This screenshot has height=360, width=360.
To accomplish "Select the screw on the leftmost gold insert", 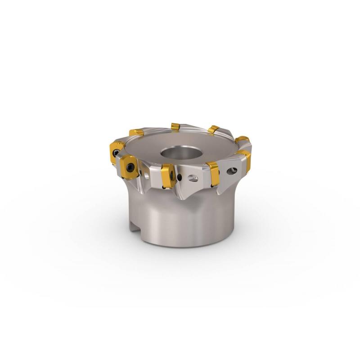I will (116, 152).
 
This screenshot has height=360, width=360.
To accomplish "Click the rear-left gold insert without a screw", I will (136, 132).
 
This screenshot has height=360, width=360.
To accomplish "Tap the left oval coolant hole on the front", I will (193, 178).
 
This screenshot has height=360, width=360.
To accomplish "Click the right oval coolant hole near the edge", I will (234, 171).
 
